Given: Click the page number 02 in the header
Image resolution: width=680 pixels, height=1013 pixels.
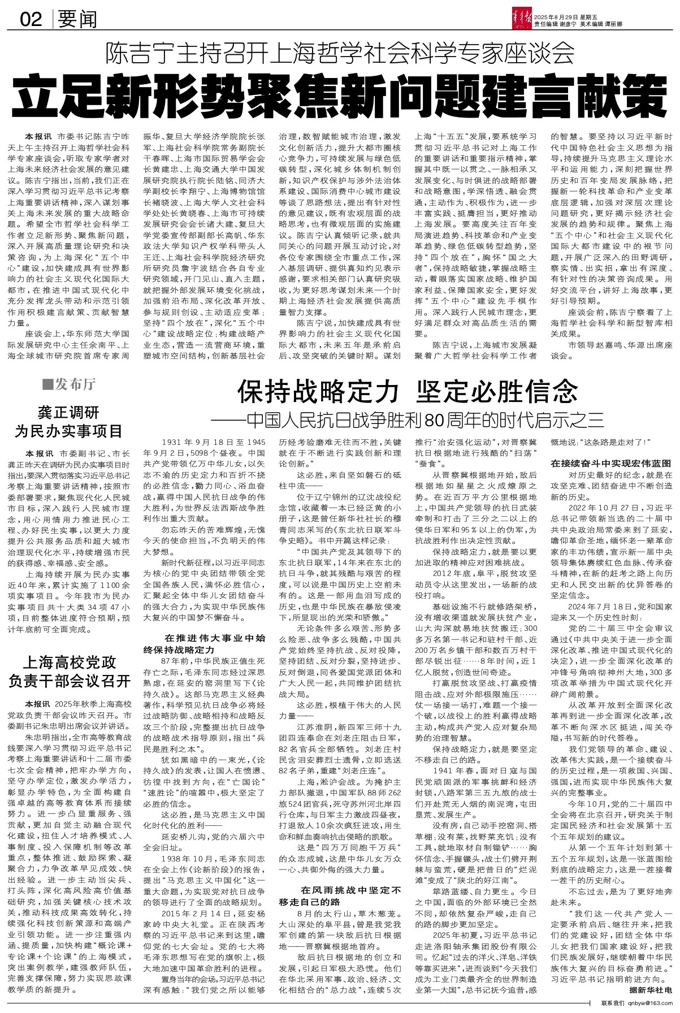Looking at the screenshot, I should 31,20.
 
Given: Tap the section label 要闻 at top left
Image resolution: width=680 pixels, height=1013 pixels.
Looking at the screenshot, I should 77,20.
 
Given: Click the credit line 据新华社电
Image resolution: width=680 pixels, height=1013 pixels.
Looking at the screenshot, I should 651,990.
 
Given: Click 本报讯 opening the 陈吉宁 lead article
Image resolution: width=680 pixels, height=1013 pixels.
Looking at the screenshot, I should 37,137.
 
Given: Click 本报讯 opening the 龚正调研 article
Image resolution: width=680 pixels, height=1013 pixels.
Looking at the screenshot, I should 37,453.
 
